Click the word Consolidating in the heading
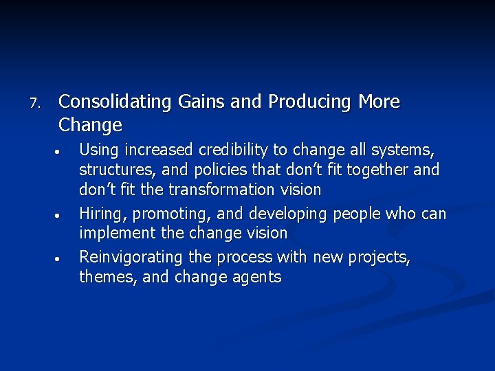pyautogui.click(x=114, y=102)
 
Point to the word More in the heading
pyautogui.click(x=379, y=102)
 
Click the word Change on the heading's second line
pyautogui.click(x=91, y=125)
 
